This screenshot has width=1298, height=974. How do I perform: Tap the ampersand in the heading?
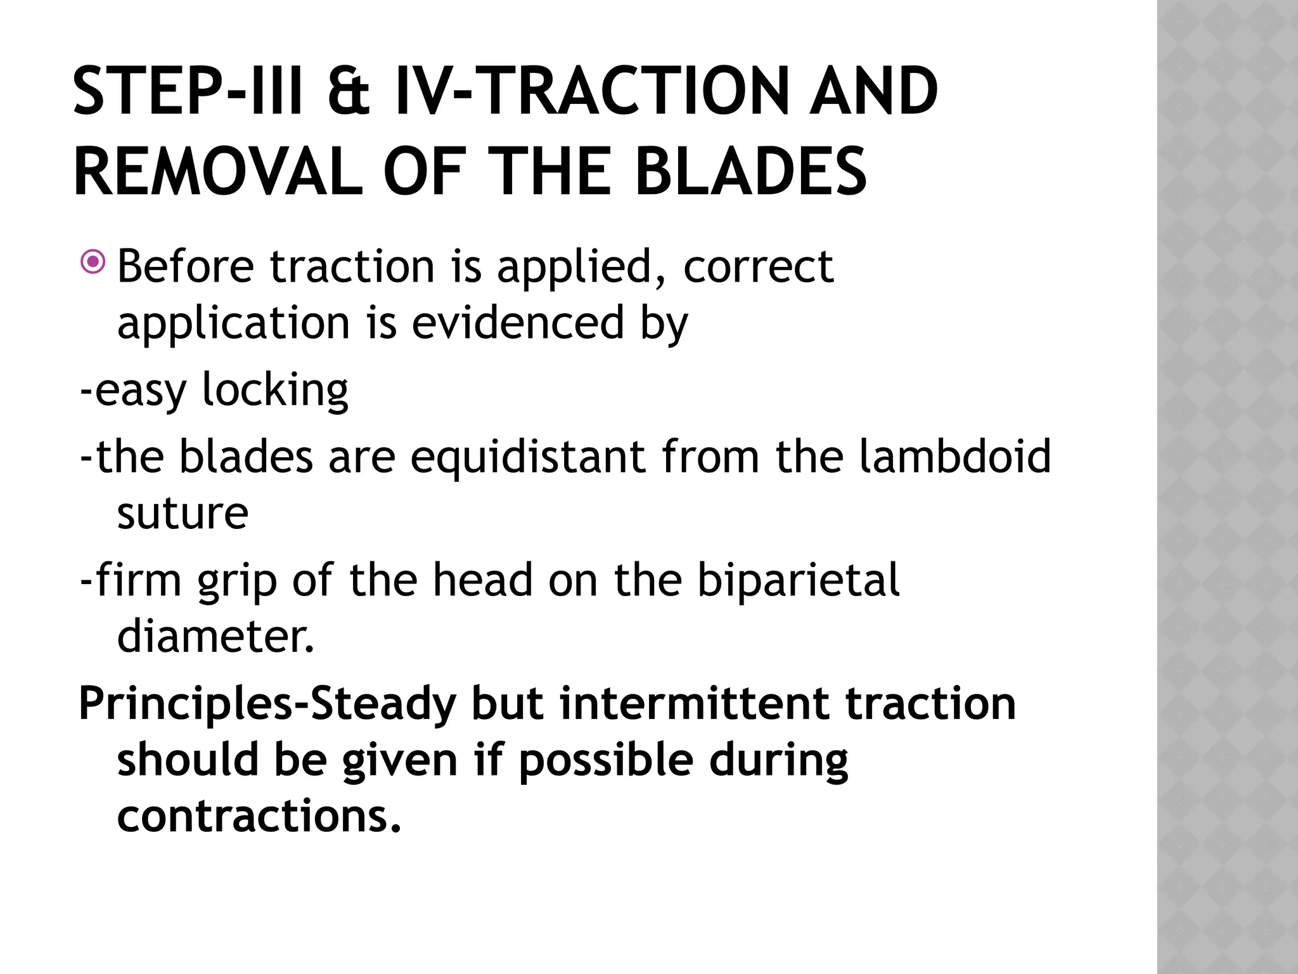349,92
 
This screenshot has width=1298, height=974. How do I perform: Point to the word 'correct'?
757,266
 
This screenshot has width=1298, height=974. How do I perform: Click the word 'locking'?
275,389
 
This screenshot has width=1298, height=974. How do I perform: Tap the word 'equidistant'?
528,456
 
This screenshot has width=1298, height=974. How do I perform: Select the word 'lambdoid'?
955,456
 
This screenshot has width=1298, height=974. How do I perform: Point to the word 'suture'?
183,513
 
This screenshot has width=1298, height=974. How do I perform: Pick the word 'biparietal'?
798,580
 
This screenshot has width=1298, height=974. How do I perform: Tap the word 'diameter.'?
215,636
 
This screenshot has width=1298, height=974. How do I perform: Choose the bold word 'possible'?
606,760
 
